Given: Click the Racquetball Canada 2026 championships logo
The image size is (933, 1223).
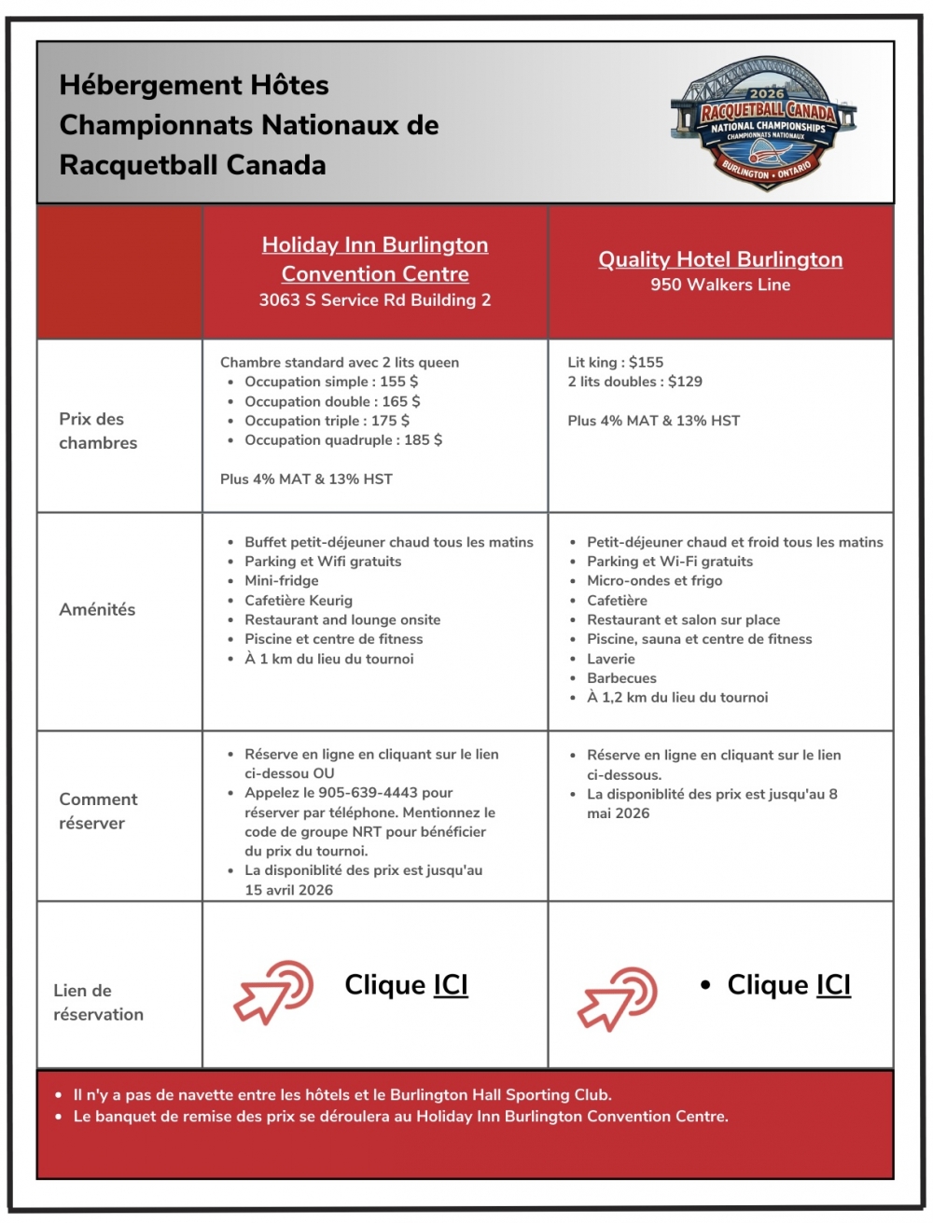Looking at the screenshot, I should click(764, 122).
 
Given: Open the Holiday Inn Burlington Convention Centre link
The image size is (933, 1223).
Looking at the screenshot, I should click(375, 258).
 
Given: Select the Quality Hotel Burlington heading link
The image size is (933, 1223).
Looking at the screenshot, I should click(720, 259).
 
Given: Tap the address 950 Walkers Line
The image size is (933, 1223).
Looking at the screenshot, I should click(720, 285).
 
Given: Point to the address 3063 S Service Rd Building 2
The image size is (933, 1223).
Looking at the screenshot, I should click(375, 299).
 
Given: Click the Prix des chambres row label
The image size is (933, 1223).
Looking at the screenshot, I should click(97, 430).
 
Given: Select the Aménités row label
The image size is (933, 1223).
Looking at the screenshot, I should click(97, 609).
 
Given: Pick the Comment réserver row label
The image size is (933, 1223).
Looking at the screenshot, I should click(97, 811).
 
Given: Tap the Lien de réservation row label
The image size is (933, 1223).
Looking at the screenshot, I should click(98, 1002).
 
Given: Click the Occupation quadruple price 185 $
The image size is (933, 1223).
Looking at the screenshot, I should click(423, 439).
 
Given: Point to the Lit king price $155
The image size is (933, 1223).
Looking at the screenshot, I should click(646, 362).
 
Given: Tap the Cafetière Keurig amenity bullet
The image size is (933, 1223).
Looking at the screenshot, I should click(299, 600).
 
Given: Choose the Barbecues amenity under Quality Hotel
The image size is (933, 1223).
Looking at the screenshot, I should click(621, 678).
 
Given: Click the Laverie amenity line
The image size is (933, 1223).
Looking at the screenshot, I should click(610, 659).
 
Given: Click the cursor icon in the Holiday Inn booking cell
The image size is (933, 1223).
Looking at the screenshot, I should click(272, 992).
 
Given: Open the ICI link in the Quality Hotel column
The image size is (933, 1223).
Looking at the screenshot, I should click(833, 985).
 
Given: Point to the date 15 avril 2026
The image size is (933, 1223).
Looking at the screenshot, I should click(288, 890).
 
